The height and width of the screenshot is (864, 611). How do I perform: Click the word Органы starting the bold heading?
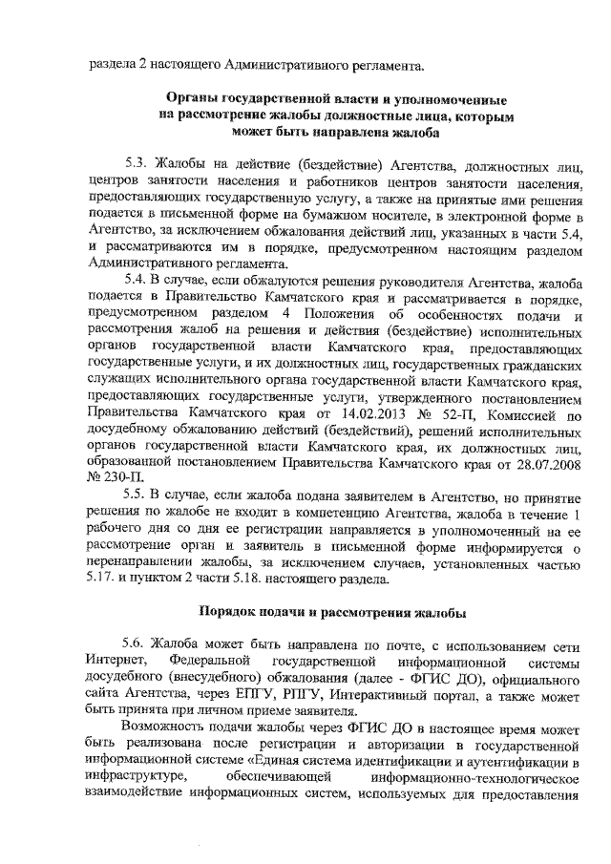(194, 99)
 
